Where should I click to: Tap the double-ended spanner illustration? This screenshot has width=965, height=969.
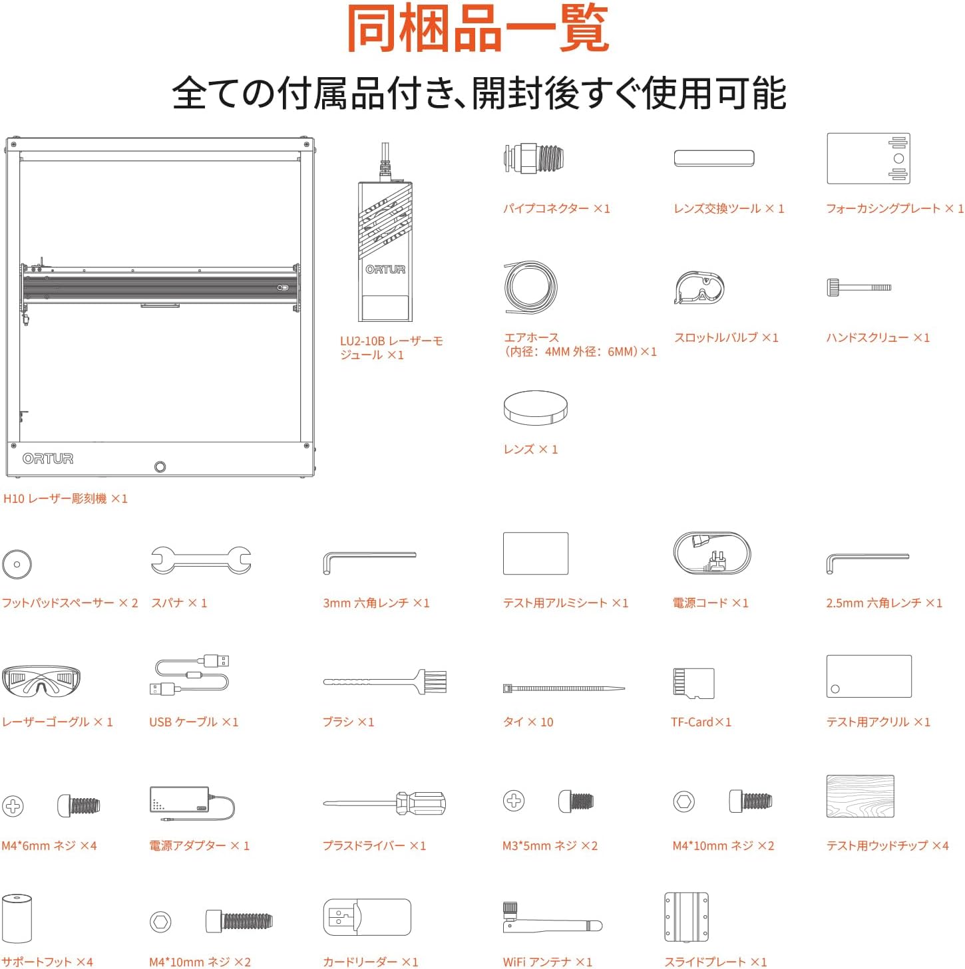[x=201, y=560]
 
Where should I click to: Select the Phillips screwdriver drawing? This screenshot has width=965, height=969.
[x=384, y=803]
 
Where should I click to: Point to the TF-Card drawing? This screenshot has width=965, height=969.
[x=693, y=683]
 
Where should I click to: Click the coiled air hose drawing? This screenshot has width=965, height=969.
[x=530, y=287]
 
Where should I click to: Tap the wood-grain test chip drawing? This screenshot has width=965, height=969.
[x=860, y=795]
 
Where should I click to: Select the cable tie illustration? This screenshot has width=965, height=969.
[x=563, y=688]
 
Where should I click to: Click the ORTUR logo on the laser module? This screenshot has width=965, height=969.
[x=385, y=269]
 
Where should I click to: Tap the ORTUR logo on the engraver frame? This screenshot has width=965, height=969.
[x=48, y=458]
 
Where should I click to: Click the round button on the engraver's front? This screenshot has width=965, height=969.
[x=160, y=467]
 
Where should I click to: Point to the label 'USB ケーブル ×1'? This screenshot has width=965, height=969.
[x=193, y=722]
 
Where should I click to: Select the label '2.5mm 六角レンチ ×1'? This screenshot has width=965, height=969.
[x=883, y=603]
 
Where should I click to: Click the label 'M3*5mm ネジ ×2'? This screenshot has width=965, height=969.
[x=550, y=845]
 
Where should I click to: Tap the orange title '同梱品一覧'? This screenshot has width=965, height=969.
[x=477, y=28]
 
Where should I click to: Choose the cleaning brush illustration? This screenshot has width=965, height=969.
[x=385, y=682]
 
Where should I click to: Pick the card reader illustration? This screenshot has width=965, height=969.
[x=367, y=916]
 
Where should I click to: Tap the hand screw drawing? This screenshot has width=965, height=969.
[x=859, y=287]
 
